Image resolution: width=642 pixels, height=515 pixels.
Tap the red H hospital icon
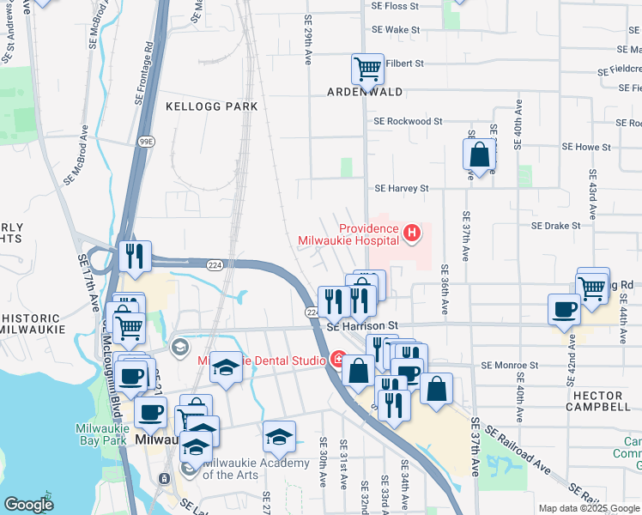pyautogui.click(x=413, y=233)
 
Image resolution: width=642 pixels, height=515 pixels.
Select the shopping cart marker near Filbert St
pyautogui.click(x=368, y=68)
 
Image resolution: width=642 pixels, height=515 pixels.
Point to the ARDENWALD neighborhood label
pyautogui.click(x=365, y=91)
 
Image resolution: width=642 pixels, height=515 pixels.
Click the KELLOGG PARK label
pyautogui.click(x=212, y=106)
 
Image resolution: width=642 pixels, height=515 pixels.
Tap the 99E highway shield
pyautogui.click(x=145, y=141)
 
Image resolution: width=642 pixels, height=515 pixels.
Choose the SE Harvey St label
pyautogui.click(x=401, y=188)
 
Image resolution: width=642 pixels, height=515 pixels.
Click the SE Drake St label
pyautogui.click(x=556, y=226)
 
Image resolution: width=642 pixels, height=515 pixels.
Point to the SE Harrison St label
pyautogui.click(x=363, y=326)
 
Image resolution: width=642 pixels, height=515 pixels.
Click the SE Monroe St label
pyautogui.click(x=509, y=365)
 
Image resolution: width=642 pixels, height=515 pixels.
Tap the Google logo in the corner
pyautogui.click(x=28, y=506)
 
